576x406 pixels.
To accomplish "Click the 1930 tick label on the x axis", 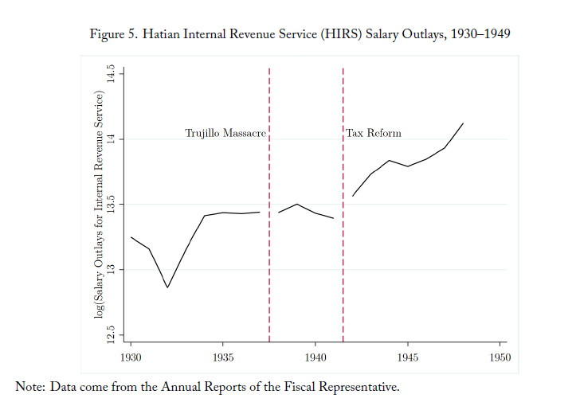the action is pyautogui.click(x=131, y=357).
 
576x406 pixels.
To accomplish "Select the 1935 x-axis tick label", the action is pyautogui.click(x=223, y=357).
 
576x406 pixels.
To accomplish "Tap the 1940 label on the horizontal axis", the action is pyautogui.click(x=315, y=357).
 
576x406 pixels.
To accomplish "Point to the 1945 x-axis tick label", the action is pyautogui.click(x=407, y=357).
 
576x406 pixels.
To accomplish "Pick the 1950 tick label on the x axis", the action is pyautogui.click(x=500, y=357).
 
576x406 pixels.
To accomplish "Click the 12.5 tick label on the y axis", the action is pyautogui.click(x=111, y=334).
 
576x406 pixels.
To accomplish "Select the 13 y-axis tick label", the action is pyautogui.click(x=111, y=269).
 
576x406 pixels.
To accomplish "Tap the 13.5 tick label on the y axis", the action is pyautogui.click(x=111, y=204).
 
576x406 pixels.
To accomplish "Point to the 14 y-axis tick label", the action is pyautogui.click(x=111, y=139).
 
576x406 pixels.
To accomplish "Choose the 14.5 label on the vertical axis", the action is pyautogui.click(x=111, y=74).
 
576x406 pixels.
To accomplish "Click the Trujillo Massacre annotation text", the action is pyautogui.click(x=225, y=133).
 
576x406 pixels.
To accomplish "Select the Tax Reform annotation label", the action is pyautogui.click(x=374, y=133).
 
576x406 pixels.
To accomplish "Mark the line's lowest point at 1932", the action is pyautogui.click(x=167, y=287).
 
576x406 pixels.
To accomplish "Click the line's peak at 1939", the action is pyautogui.click(x=297, y=204).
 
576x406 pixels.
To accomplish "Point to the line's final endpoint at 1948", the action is pyautogui.click(x=463, y=123).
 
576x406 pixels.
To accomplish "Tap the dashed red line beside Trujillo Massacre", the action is pyautogui.click(x=269, y=205).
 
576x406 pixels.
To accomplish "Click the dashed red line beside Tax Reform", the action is pyautogui.click(x=343, y=205).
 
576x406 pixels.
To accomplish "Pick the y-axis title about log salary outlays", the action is pyautogui.click(x=99, y=204).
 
